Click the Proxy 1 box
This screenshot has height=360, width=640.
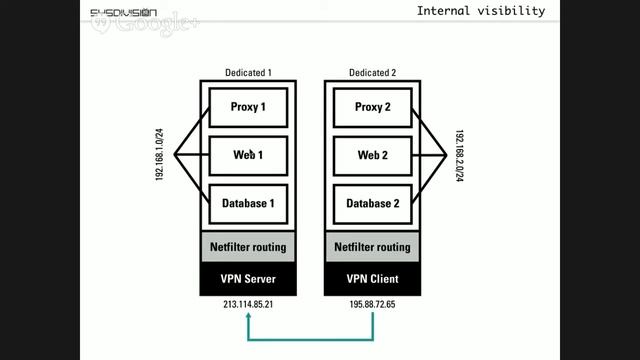(x=247, y=107)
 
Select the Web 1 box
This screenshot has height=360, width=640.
(x=247, y=155)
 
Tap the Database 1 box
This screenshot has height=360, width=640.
(x=247, y=203)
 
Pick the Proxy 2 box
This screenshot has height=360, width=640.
(x=373, y=107)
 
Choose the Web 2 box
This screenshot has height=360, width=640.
(x=373, y=155)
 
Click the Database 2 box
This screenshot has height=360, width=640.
(x=373, y=203)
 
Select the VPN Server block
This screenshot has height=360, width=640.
(x=247, y=278)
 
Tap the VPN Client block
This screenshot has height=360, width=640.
(x=373, y=278)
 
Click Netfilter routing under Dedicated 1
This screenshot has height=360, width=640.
(x=247, y=246)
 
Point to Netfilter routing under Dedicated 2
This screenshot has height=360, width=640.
(x=373, y=246)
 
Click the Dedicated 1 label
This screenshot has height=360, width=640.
(x=247, y=74)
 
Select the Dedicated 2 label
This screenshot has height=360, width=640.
(x=373, y=74)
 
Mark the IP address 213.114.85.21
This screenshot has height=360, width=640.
(x=247, y=304)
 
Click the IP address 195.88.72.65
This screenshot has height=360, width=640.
(x=373, y=304)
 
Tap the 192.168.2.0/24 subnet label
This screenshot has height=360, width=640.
(x=459, y=155)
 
